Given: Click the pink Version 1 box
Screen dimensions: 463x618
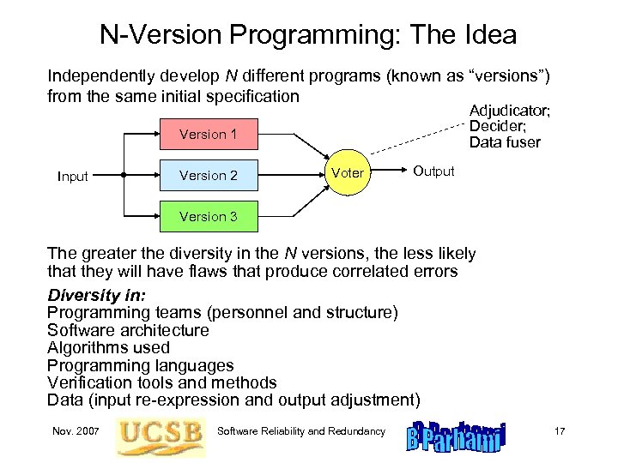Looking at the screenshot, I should (x=209, y=134).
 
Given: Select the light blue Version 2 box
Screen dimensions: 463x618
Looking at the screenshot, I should (x=209, y=176).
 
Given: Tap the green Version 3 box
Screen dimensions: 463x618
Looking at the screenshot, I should (x=209, y=217).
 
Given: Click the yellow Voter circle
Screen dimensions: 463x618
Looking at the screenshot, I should (x=347, y=173).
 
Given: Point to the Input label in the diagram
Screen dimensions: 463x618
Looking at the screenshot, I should (x=73, y=177).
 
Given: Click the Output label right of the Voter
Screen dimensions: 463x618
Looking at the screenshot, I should (x=433, y=171).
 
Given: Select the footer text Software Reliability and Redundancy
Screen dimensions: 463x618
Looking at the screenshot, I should (x=302, y=430).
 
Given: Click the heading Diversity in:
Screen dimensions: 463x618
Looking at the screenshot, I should (x=97, y=295).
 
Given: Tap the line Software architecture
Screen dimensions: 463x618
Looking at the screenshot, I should (x=128, y=330).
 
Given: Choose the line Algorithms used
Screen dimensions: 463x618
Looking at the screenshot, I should (x=108, y=347).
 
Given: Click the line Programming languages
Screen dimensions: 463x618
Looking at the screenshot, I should (x=140, y=365).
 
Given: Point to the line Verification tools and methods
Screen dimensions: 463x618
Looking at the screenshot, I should (x=161, y=382).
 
